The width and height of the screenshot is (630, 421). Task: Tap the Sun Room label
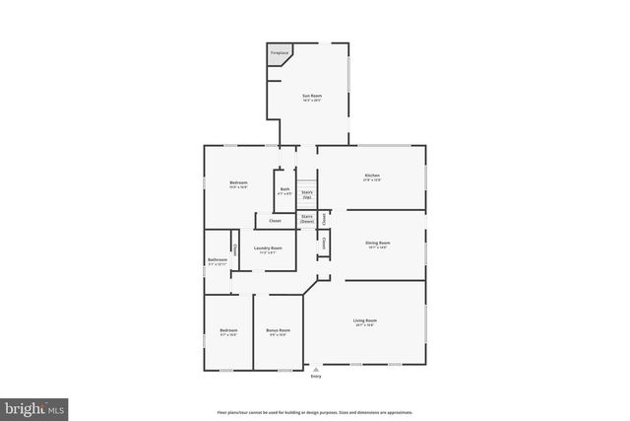[311, 96]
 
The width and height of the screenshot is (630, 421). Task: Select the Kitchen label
[371, 175]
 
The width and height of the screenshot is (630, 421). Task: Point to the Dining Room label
[379, 243]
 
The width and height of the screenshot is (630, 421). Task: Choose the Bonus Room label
[278, 330]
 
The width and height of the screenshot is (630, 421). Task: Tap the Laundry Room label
[268, 248]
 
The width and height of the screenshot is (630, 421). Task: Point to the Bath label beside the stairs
[284, 189]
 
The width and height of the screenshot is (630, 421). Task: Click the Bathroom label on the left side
[217, 260]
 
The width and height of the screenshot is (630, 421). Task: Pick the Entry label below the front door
[316, 376]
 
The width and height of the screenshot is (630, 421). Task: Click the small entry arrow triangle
[316, 369]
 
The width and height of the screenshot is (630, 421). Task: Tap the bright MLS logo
[34, 405]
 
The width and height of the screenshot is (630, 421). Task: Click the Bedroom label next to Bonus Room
[228, 330]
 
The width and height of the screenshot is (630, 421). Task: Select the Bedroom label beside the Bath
[238, 182]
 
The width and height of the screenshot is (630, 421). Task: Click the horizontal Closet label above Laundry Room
[275, 221]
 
